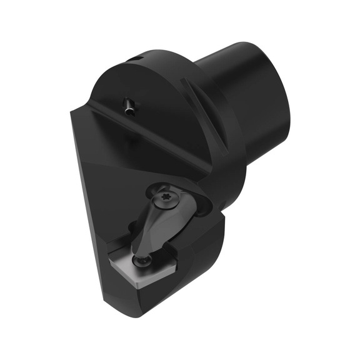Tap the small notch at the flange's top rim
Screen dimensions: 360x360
(x=136, y=57)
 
